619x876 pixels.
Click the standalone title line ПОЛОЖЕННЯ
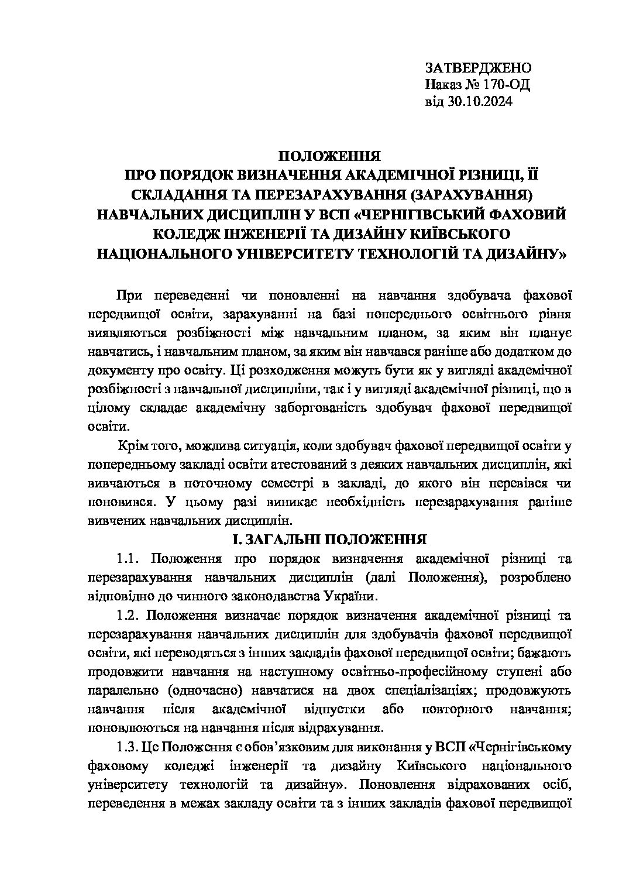click(329, 156)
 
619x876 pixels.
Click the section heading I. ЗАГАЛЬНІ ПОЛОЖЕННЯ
click(329, 538)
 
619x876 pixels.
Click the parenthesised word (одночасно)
click(202, 691)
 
